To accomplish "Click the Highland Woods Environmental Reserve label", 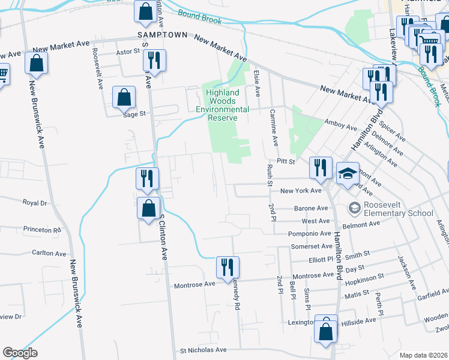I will click(223, 105).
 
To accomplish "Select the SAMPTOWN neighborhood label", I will click(159, 35).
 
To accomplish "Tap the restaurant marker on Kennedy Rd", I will click(228, 268).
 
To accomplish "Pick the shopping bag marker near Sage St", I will click(124, 98).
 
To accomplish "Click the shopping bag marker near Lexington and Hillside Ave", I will click(326, 331).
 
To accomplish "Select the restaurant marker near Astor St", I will click(155, 61).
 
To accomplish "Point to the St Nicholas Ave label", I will click(203, 349).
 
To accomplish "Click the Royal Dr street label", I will click(34, 203).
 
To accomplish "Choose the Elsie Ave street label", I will click(257, 83).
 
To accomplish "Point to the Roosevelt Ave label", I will click(97, 69).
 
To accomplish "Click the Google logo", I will click(20, 353).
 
